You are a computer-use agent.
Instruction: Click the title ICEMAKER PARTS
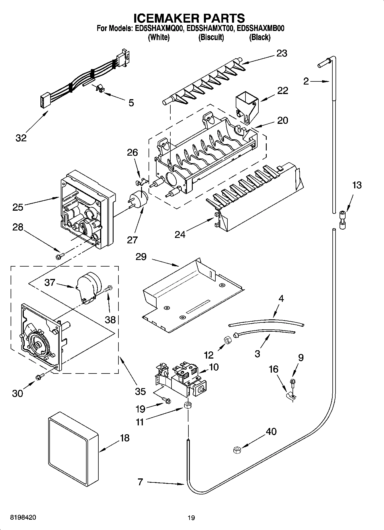tap(189, 18)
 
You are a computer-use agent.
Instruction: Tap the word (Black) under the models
tap(260, 37)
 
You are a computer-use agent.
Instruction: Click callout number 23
tap(282, 53)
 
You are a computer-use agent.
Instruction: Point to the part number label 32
tap(21, 138)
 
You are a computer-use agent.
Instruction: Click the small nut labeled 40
tap(237, 450)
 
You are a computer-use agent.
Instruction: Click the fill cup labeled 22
tap(247, 106)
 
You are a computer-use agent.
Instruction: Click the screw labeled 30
tap(40, 377)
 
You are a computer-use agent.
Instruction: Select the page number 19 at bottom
tap(191, 518)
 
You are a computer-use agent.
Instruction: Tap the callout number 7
tap(140, 482)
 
